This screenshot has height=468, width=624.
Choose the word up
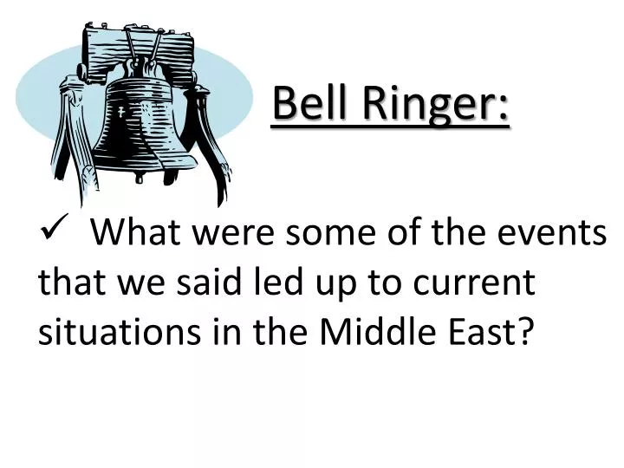coord(325,284)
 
